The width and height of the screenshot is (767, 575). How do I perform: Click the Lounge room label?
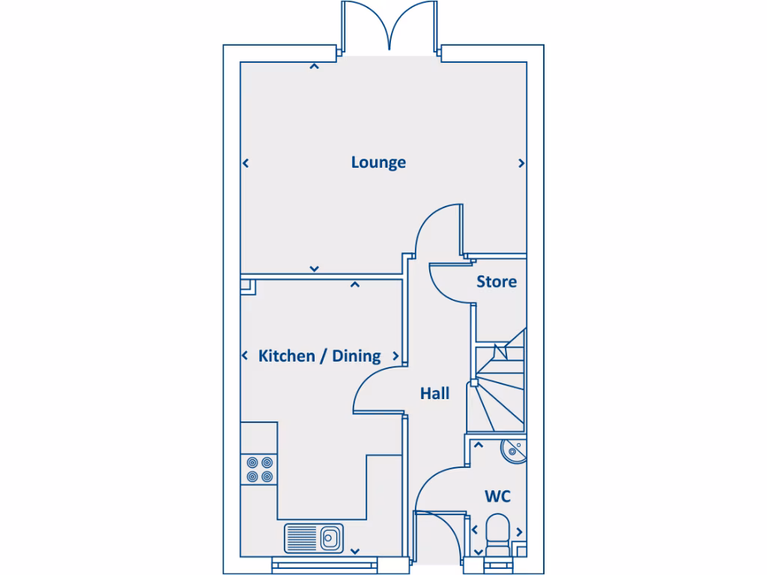tap(378, 162)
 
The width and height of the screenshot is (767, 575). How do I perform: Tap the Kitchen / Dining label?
tap(319, 356)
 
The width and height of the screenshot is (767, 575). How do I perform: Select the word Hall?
tap(434, 393)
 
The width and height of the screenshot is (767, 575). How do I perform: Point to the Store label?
tap(497, 282)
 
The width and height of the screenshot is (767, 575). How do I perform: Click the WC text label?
tap(497, 496)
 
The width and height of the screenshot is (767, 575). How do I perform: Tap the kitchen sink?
tap(313, 538)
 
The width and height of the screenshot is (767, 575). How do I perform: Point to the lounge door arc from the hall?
tap(437, 228)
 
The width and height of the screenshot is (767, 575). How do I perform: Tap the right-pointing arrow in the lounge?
tap(521, 163)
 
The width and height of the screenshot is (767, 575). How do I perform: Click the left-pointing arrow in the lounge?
tap(245, 163)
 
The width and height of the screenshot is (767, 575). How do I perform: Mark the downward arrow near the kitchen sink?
tap(354, 551)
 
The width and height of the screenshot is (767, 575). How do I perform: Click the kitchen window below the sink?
tap(313, 566)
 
